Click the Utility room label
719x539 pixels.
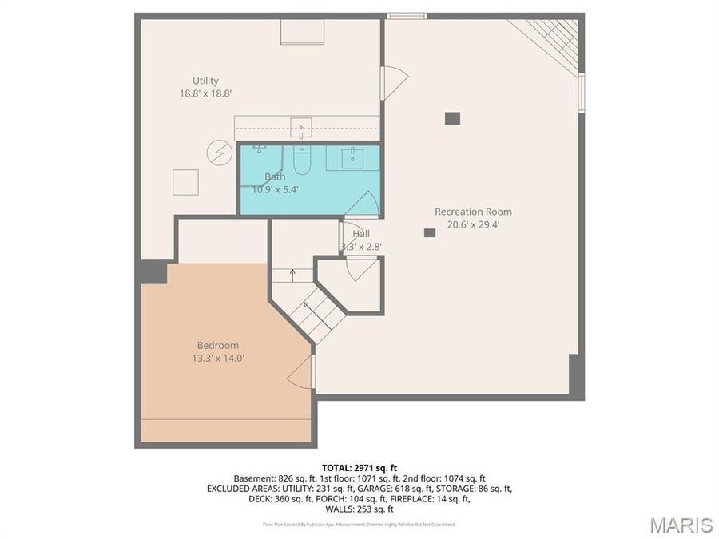coord(205,81)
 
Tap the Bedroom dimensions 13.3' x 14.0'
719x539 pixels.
coord(212,359)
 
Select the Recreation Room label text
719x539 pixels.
coord(473,212)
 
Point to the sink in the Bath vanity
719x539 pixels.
coord(352,157)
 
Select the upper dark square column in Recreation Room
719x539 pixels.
coord(452,118)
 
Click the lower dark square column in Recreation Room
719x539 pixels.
coord(430,232)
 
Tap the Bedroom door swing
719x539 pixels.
coord(301,372)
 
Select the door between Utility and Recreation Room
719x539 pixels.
coord(394,82)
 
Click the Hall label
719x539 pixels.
coord(361,234)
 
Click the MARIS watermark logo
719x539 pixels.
coord(681,525)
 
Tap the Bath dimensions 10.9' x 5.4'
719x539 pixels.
coord(276,190)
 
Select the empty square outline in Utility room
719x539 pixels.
coord(186,182)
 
